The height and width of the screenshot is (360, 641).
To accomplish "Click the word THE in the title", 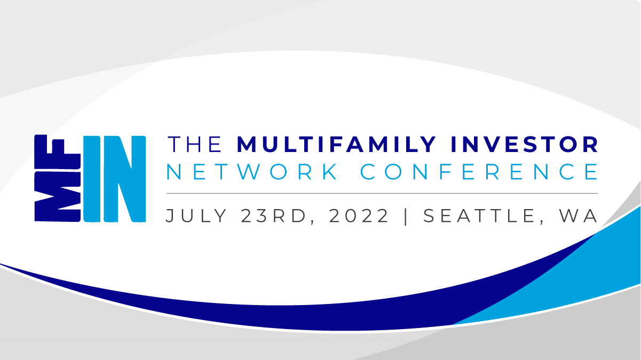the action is (x=195, y=145).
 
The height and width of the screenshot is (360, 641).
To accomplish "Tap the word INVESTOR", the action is (x=524, y=145).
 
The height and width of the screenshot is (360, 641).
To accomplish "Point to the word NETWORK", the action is (x=252, y=172).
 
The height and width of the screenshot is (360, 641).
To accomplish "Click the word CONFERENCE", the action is (x=479, y=172).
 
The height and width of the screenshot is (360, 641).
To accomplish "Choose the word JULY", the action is (x=196, y=216).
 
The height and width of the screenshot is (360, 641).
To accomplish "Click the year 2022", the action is (x=359, y=215).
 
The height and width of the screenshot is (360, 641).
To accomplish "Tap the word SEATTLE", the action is (x=479, y=215).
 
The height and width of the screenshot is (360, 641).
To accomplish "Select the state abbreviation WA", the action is (x=579, y=216).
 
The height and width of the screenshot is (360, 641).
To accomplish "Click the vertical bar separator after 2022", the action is (x=406, y=217).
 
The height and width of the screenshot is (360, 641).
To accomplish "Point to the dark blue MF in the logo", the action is (x=58, y=178).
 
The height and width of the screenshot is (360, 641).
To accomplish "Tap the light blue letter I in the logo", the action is (x=92, y=179).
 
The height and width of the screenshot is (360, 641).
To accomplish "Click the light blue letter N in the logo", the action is (x=125, y=179).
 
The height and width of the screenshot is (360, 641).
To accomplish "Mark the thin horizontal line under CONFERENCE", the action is (x=382, y=193).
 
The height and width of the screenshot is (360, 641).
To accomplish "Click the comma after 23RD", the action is (x=312, y=222).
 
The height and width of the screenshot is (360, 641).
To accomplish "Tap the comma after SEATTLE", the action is (x=541, y=222).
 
